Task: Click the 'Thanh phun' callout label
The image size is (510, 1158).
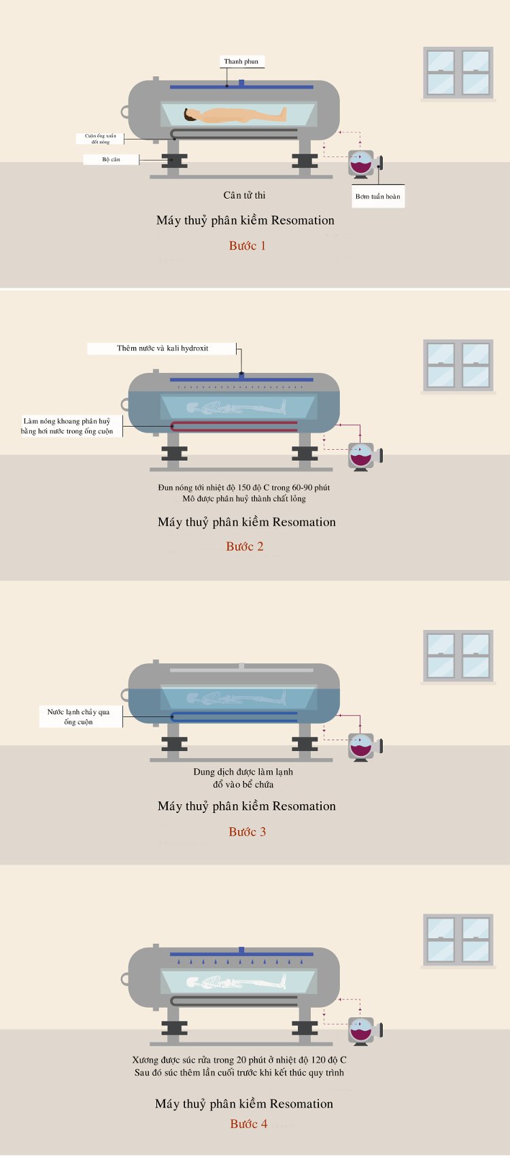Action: tap(241, 61)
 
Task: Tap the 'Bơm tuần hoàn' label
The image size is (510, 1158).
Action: tap(377, 197)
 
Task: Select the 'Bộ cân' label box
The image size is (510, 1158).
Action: tap(111, 160)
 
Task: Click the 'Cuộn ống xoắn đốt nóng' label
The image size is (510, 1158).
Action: tap(100, 139)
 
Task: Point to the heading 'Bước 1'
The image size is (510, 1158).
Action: tap(247, 246)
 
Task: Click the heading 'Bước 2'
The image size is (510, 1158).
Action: tap(244, 546)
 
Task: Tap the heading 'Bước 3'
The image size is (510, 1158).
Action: tap(247, 832)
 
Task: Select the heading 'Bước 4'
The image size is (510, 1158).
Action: tap(249, 1124)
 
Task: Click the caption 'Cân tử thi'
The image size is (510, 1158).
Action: tap(244, 195)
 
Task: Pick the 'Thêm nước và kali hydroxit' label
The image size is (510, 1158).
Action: tap(163, 348)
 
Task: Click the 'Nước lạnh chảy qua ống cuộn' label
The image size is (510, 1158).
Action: tap(79, 716)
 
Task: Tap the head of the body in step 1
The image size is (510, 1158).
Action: tap(190, 115)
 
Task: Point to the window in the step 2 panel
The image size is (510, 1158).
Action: tap(458, 365)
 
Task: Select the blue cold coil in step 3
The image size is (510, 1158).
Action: tap(234, 716)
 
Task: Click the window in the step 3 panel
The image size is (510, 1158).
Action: tap(458, 656)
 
